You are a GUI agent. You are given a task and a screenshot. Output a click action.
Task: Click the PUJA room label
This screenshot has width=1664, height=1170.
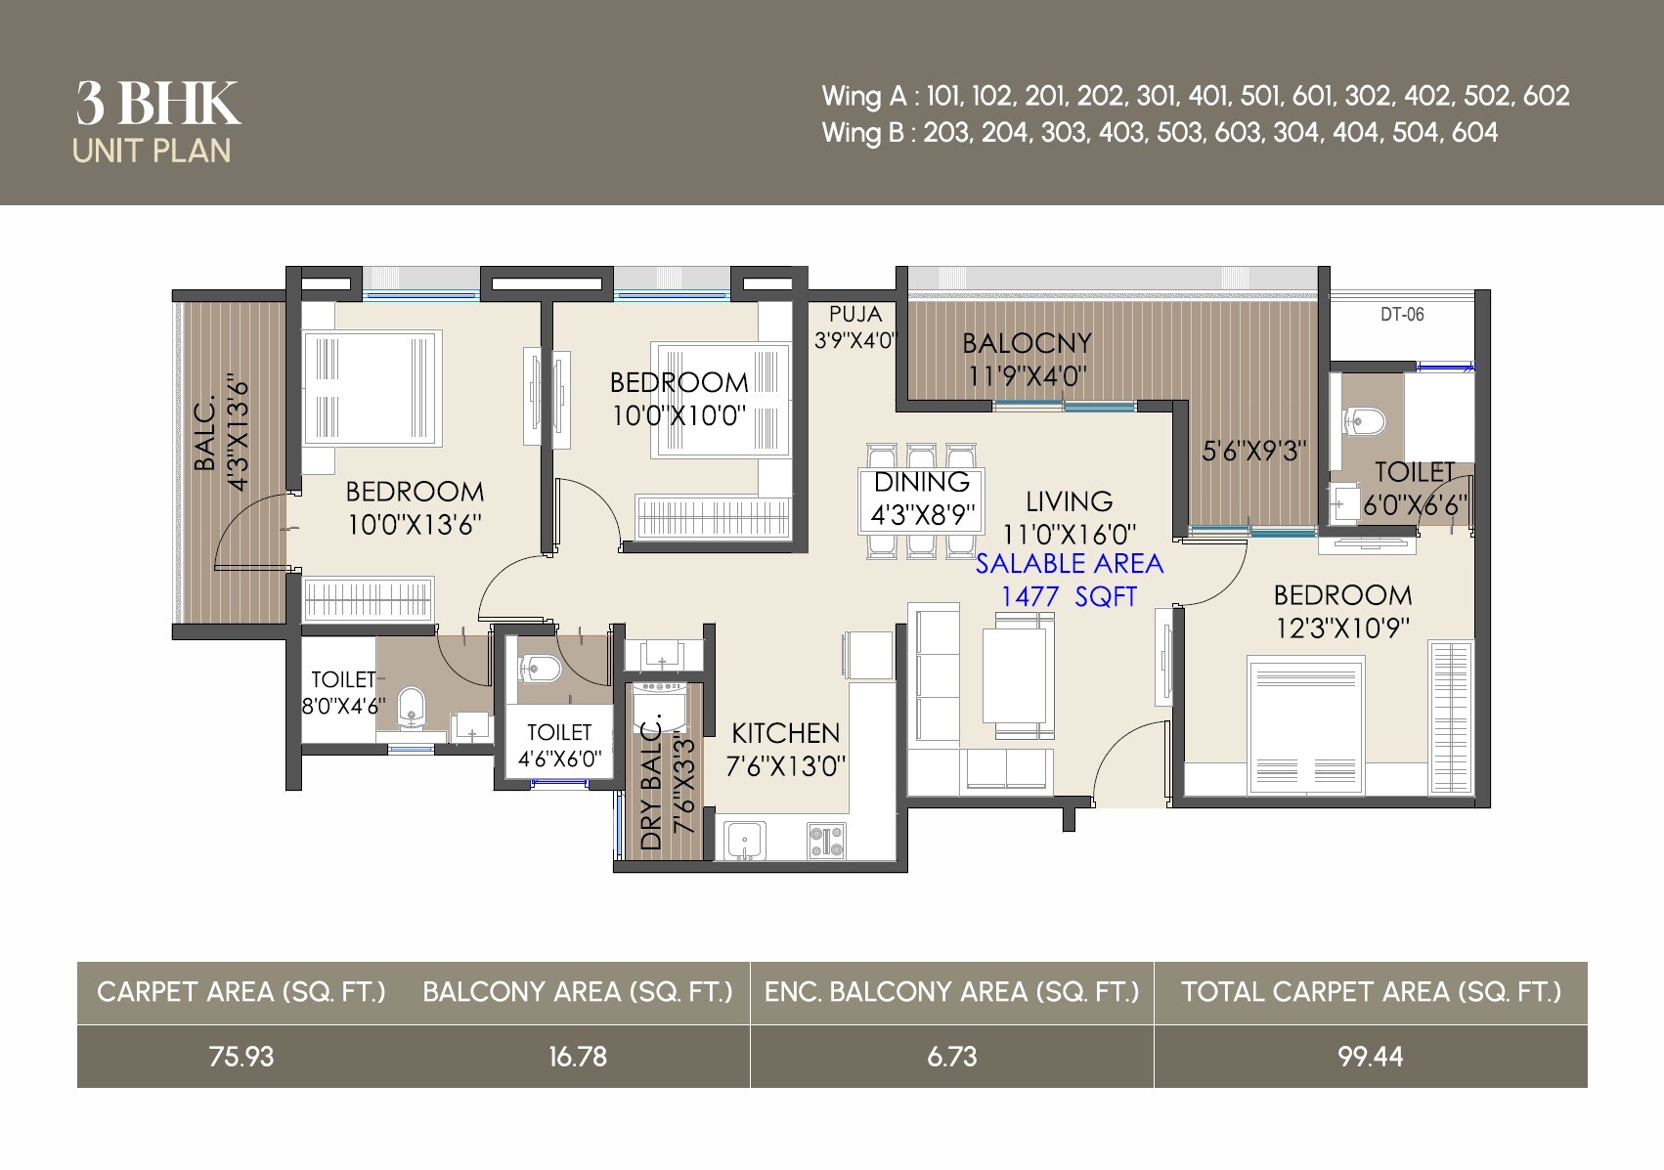click(x=854, y=315)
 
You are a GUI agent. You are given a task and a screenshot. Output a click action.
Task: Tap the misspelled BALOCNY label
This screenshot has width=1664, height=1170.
click(x=1027, y=343)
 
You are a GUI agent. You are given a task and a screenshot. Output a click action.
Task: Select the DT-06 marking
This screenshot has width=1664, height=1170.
click(x=1402, y=315)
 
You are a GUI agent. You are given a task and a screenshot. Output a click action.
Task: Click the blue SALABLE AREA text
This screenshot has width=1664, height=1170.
click(x=1069, y=564)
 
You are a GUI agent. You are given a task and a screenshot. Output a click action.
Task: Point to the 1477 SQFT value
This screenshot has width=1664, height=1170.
click(x=1069, y=596)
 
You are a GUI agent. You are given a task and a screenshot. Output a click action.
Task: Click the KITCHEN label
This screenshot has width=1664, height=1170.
click(x=785, y=733)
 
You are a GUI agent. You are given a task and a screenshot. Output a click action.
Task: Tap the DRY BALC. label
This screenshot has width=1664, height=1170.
click(x=651, y=782)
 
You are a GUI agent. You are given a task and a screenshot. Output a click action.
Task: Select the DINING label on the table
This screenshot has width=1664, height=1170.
click(x=921, y=482)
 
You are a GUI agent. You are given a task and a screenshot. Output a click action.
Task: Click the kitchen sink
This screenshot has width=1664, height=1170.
click(x=744, y=841)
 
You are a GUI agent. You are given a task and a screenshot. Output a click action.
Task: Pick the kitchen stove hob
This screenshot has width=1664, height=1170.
click(x=826, y=841)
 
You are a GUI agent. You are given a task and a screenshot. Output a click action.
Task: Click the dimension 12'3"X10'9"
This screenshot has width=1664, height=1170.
click(x=1342, y=628)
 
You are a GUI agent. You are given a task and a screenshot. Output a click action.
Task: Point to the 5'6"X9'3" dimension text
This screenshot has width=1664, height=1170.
click(x=1253, y=452)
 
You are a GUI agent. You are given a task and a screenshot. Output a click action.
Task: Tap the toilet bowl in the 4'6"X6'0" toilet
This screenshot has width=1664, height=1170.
click(x=541, y=669)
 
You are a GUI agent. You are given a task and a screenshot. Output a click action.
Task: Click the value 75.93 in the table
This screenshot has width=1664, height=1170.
click(x=241, y=1057)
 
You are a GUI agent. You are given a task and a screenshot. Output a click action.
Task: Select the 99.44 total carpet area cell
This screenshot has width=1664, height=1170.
click(x=1370, y=1057)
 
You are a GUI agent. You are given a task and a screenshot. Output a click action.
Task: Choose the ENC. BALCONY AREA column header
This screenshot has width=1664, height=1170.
click(x=951, y=992)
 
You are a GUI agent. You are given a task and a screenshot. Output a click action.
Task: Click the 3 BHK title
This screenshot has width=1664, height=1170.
click(x=158, y=104)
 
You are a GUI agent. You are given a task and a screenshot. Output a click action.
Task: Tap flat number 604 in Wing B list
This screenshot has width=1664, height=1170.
click(x=1474, y=133)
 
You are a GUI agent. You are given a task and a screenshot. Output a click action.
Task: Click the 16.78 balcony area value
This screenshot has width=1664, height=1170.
click(x=577, y=1057)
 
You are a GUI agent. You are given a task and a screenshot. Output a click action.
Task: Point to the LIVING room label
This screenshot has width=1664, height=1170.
click(x=1069, y=501)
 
